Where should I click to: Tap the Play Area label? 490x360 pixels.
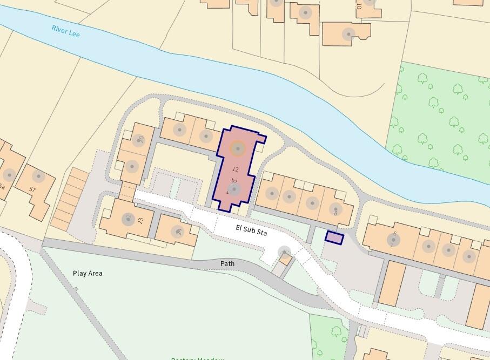(88, 273)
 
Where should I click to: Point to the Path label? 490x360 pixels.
(227, 263)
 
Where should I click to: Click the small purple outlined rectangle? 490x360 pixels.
(334, 237)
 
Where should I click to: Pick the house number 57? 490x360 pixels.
(32, 189)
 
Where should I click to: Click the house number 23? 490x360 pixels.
(141, 220)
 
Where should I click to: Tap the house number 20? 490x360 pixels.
(141, 139)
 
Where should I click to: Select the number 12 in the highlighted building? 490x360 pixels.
(235, 169)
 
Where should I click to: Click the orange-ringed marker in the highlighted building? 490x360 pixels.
(238, 148)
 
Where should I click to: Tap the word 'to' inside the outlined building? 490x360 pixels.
(234, 180)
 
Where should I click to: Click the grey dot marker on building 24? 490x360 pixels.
(177, 232)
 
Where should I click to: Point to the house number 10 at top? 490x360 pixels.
(358, 6)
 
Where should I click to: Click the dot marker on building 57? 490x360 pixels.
(38, 176)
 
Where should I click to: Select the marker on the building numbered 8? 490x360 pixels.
(336, 209)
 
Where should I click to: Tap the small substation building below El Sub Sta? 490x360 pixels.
(285, 261)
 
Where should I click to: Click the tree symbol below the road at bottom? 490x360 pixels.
(336, 331)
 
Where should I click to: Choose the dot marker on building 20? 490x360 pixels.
(132, 166)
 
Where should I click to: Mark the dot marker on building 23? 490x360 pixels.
(129, 219)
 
